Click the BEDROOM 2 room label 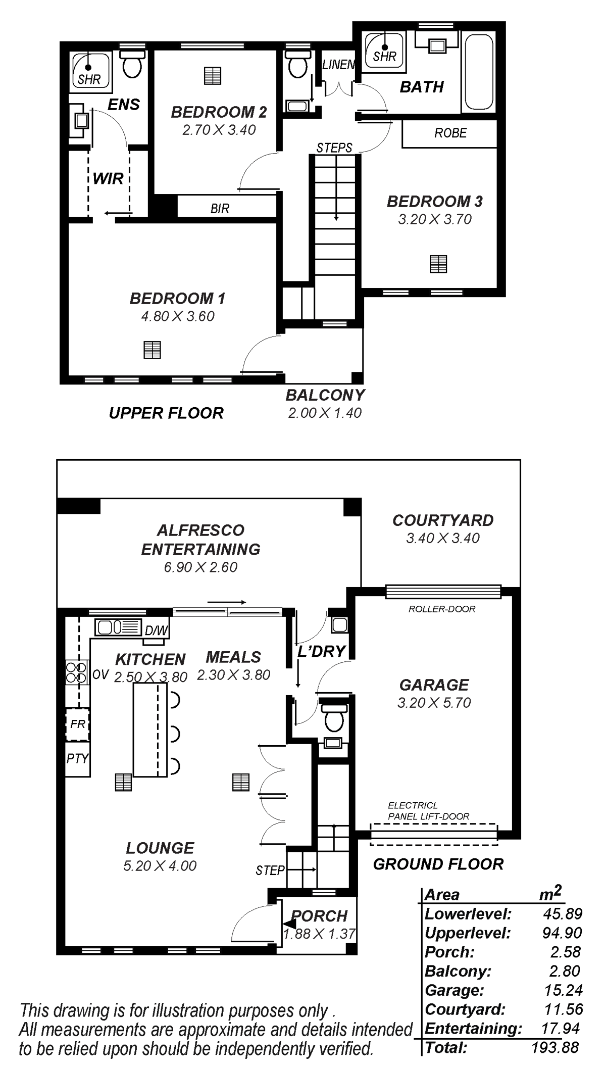[219, 112]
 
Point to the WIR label [108, 178]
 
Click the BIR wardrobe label [220, 209]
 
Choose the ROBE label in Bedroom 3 [450, 133]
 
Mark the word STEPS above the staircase [334, 148]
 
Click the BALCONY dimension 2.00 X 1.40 [325, 413]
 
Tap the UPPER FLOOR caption [166, 413]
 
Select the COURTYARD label [443, 520]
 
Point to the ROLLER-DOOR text [442, 609]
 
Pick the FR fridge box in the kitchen [77, 724]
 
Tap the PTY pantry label [77, 758]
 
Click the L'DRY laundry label [321, 651]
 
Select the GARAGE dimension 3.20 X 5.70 [434, 703]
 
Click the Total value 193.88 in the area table [555, 1047]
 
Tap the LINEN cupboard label [338, 65]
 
